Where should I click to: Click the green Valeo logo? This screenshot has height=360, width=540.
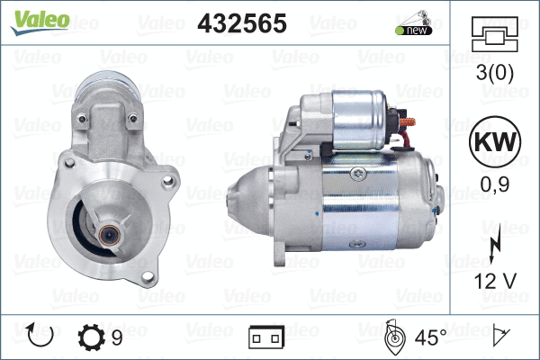pyautogui.click(x=40, y=22)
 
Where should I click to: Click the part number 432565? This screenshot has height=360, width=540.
pyautogui.click(x=242, y=23)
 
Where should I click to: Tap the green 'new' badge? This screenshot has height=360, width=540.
pyautogui.click(x=414, y=30)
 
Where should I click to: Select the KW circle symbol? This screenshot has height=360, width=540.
pyautogui.click(x=495, y=141)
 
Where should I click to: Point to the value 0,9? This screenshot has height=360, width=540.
pyautogui.click(x=495, y=184)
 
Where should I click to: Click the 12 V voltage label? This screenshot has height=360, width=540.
pyautogui.click(x=495, y=281)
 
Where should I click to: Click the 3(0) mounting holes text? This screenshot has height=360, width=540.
pyautogui.click(x=494, y=73)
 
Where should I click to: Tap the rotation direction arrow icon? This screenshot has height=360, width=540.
pyautogui.click(x=40, y=335)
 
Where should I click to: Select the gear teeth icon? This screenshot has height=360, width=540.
pyautogui.click(x=91, y=337)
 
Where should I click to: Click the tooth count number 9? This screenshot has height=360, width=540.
pyautogui.click(x=117, y=337)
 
